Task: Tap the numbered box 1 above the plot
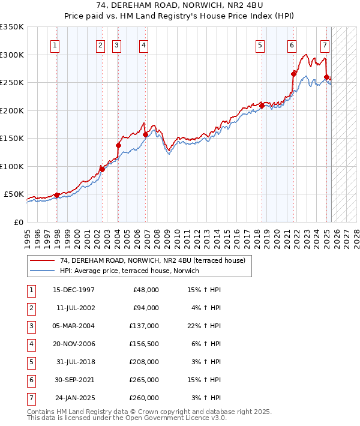click(x=55, y=45)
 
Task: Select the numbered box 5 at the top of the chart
click(x=260, y=45)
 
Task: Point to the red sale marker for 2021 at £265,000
click(x=294, y=74)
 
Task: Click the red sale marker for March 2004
click(x=118, y=145)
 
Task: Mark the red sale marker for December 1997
click(x=56, y=195)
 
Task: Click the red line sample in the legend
click(x=43, y=261)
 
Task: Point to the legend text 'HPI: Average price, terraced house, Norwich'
click(x=133, y=271)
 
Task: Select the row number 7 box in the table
click(x=30, y=398)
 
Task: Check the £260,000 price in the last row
click(x=144, y=398)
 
